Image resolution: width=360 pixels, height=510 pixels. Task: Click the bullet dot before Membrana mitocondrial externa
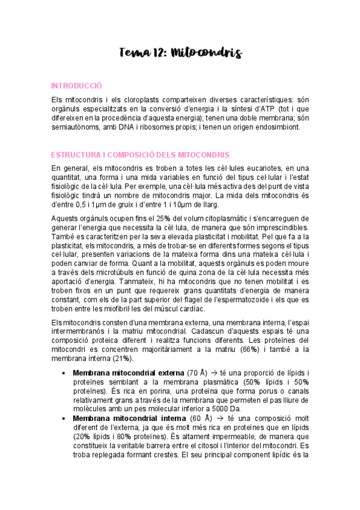pos(64,373)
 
